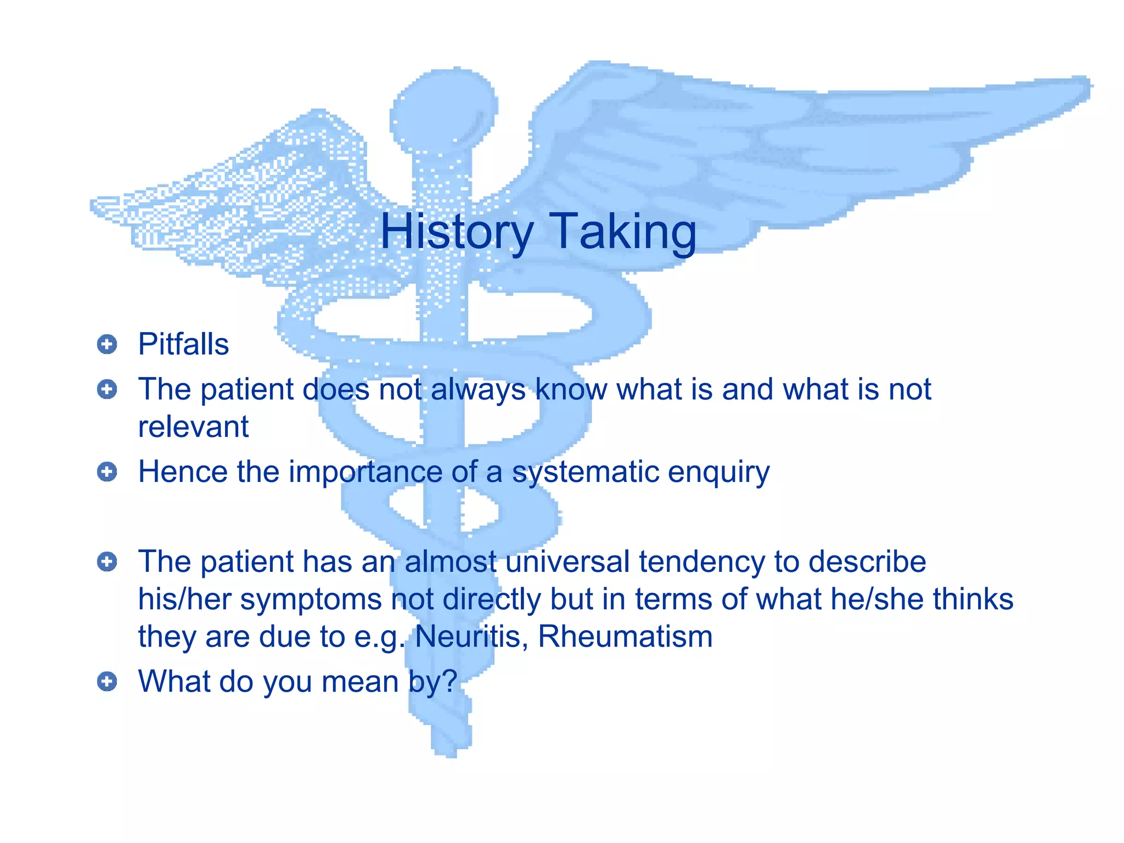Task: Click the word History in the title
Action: pyautogui.click(x=457, y=232)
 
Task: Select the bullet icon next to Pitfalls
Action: pyautogui.click(x=107, y=345)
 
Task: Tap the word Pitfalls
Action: pyautogui.click(x=183, y=345)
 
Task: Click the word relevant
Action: pyautogui.click(x=193, y=427)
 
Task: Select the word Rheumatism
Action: pyautogui.click(x=625, y=637)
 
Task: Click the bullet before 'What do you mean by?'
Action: pyautogui.click(x=107, y=682)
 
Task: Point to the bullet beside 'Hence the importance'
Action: pyautogui.click(x=107, y=472)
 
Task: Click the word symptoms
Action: pyautogui.click(x=311, y=599)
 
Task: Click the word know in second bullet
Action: pyautogui.click(x=571, y=390)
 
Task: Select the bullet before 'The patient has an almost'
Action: pyautogui.click(x=107, y=561)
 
